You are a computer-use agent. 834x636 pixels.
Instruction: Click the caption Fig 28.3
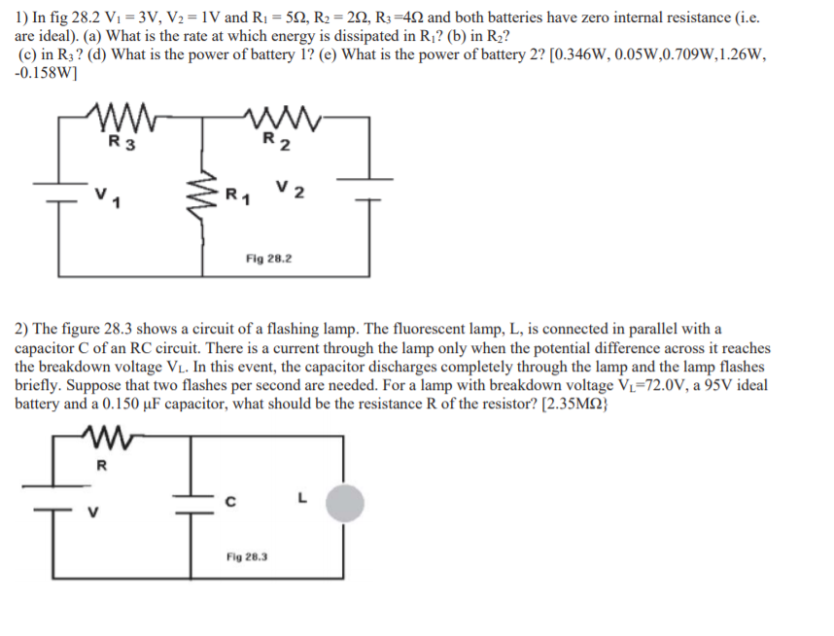pyautogui.click(x=248, y=557)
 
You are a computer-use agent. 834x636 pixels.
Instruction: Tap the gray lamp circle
pyautogui.click(x=344, y=504)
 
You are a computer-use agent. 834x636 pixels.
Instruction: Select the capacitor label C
pyautogui.click(x=230, y=503)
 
